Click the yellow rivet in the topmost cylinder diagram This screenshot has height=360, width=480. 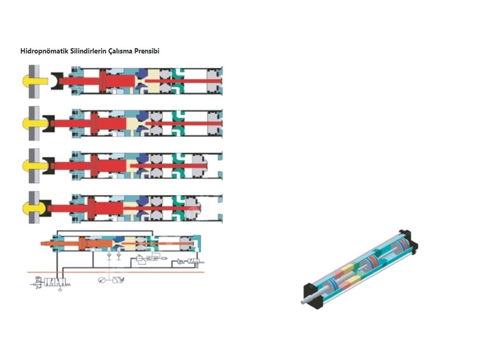pyautogui.click(x=34, y=82)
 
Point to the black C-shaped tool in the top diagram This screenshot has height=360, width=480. pyautogui.click(x=57, y=81)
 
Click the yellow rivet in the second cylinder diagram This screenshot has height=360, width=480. pyautogui.click(x=34, y=124)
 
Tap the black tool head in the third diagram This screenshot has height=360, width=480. pyautogui.click(x=49, y=166)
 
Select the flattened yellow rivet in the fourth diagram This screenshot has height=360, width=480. pyautogui.click(x=33, y=208)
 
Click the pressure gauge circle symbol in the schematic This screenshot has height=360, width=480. pyautogui.click(x=102, y=280)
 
